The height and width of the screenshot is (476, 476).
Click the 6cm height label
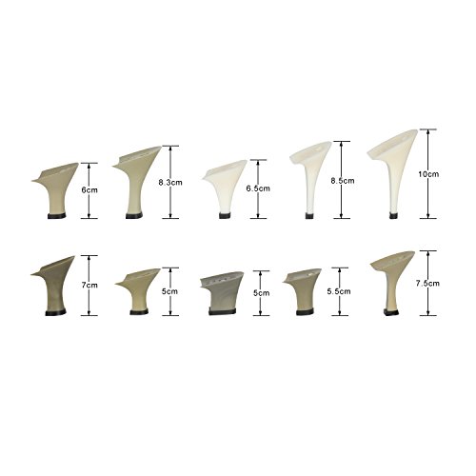tap(89, 190)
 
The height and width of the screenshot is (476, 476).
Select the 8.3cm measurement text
tap(170, 183)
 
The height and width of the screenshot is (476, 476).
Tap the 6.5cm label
tap(258, 188)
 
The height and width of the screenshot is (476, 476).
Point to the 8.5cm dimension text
tap(343, 181)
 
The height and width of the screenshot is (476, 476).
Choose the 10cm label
tap(428, 174)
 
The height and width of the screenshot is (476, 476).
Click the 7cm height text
tap(89, 285)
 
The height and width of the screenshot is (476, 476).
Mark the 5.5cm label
tap(339, 291)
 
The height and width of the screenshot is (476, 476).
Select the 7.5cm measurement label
tap(427, 284)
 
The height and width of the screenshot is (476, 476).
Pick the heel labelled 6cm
tap(56, 191)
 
